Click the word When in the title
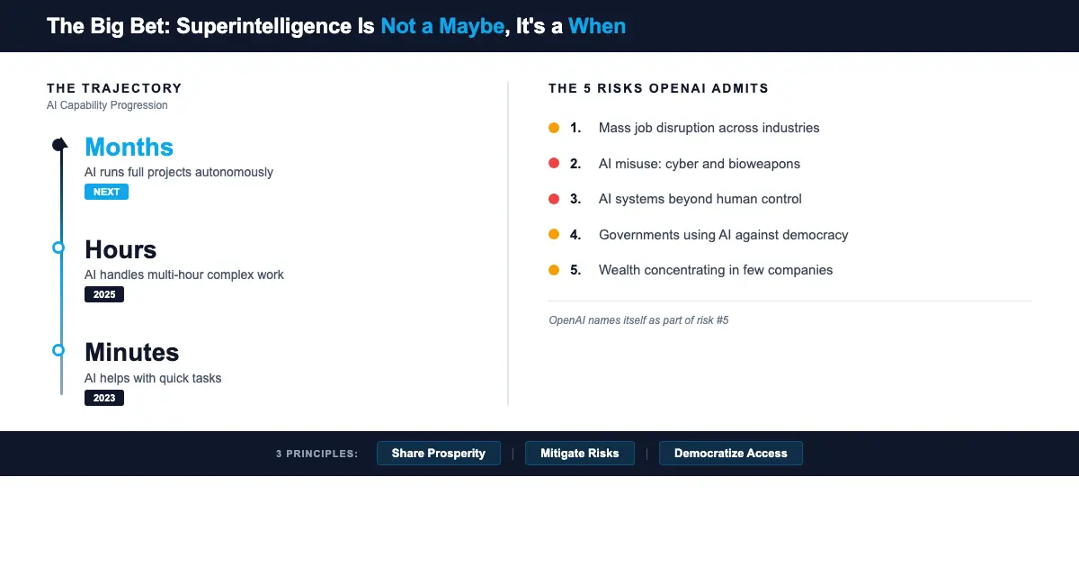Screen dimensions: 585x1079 596,26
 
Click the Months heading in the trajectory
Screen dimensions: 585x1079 129,147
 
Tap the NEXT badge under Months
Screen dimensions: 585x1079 106,192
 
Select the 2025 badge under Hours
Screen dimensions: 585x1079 104,294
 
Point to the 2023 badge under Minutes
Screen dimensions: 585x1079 104,398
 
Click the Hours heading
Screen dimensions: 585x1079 120,249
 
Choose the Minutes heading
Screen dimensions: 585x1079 131,352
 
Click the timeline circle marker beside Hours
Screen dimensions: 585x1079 58,247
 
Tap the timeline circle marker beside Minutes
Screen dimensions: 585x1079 58,350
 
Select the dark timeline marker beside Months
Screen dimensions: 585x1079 59,145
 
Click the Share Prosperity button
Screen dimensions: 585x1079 438,454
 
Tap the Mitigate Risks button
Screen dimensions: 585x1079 579,454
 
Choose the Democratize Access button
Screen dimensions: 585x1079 730,454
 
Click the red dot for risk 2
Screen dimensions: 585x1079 554,164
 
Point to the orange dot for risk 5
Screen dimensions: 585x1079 554,270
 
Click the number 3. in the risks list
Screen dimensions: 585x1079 575,199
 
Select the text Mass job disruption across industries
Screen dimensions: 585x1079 709,128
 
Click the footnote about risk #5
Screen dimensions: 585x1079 638,320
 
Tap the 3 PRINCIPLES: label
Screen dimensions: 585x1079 317,454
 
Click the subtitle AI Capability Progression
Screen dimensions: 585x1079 107,105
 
